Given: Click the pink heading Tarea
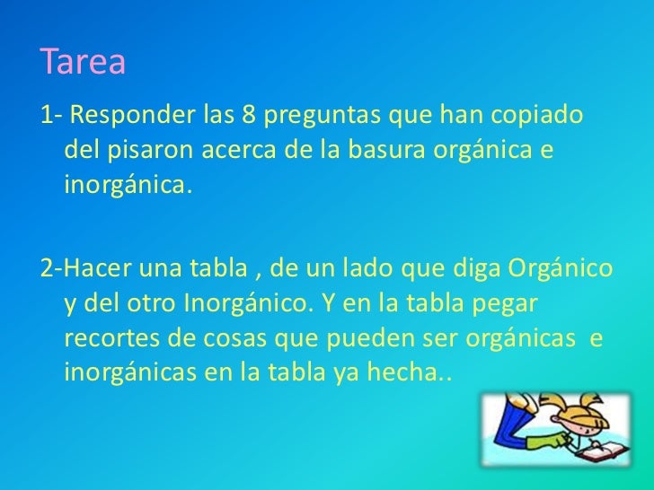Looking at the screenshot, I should tap(83, 63).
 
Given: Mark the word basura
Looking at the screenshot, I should tap(396, 153).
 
